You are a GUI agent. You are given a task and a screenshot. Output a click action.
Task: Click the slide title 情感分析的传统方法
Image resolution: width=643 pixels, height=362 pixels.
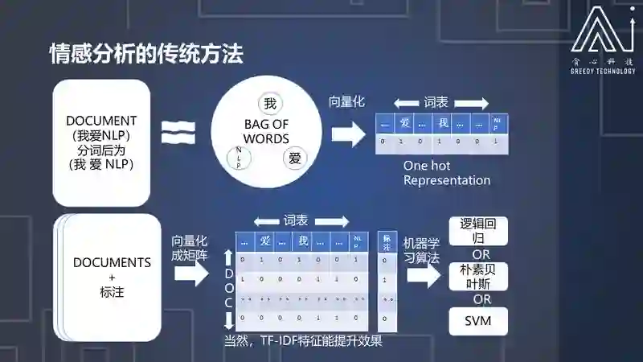pyautogui.click(x=146, y=55)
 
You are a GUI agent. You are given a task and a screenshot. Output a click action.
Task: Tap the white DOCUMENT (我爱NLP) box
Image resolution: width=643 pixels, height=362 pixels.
pyautogui.click(x=102, y=142)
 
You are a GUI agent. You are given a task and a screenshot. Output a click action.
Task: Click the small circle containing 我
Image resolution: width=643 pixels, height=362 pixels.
pyautogui.click(x=270, y=104)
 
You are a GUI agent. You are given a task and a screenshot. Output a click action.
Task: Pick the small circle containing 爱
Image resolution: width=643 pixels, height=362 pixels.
pyautogui.click(x=293, y=158)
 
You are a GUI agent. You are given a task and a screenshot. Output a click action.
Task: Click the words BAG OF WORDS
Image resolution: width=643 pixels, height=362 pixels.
pyautogui.click(x=266, y=131)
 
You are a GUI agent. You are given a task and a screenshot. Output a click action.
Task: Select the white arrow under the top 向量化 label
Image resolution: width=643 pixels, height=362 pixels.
pyautogui.click(x=347, y=134)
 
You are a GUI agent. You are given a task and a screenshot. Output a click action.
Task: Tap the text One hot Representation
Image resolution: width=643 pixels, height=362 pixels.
pyautogui.click(x=446, y=172)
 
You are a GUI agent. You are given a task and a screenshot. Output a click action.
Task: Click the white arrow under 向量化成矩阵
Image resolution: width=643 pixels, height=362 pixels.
pyautogui.click(x=190, y=274)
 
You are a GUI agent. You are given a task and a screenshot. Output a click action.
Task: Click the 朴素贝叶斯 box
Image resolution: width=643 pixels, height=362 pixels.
pyautogui.click(x=477, y=276)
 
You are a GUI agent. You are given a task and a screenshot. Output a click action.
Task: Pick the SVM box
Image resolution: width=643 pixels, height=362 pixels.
pyautogui.click(x=477, y=322)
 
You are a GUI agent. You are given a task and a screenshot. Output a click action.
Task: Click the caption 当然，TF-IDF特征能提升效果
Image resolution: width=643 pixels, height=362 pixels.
pyautogui.click(x=303, y=340)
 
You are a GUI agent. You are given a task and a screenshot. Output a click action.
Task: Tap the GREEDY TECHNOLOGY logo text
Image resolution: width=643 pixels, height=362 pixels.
pyautogui.click(x=601, y=70)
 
